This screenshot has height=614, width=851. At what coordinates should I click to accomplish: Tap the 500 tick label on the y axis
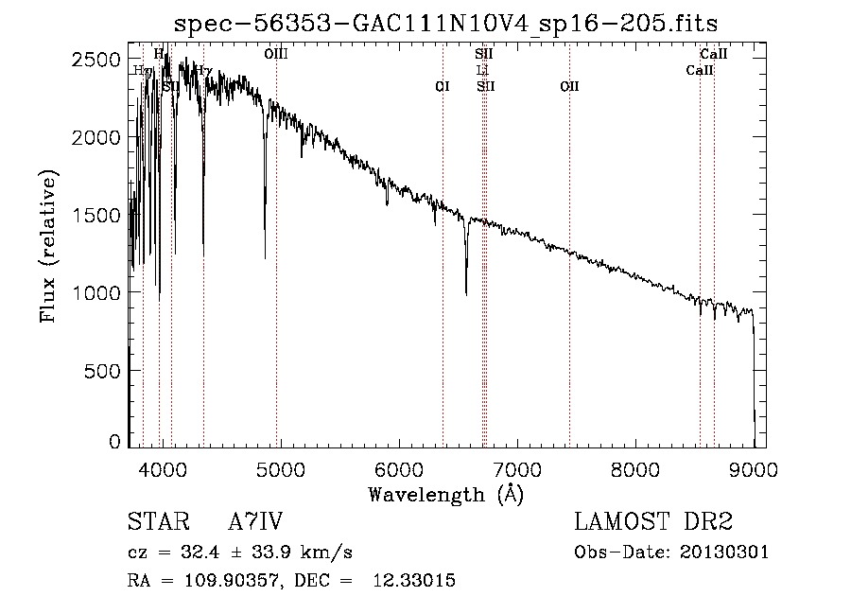coord(106,371)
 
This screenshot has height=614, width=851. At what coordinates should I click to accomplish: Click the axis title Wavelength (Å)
coord(444,494)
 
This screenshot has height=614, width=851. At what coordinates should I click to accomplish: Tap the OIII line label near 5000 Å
coord(276,55)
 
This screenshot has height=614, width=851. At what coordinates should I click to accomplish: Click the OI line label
coord(442,86)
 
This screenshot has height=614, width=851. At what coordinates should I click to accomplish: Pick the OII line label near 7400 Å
coord(569,86)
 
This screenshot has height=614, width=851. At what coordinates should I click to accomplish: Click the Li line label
coord(483,70)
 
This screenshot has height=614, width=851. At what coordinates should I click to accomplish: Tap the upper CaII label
coord(713,55)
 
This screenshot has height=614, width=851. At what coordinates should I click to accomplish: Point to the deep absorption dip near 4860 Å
coord(265,256)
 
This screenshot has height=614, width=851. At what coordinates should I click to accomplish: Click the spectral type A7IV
coord(255,522)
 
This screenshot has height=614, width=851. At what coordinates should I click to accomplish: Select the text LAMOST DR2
coord(653,522)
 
